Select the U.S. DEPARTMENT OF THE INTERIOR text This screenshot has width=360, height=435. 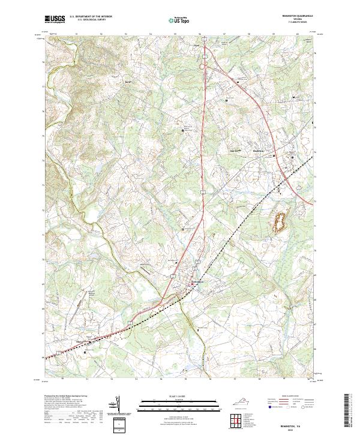(x=91, y=17)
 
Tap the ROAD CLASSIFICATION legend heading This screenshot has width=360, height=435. (x=288, y=397)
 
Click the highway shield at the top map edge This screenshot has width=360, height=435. (x=205, y=40)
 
